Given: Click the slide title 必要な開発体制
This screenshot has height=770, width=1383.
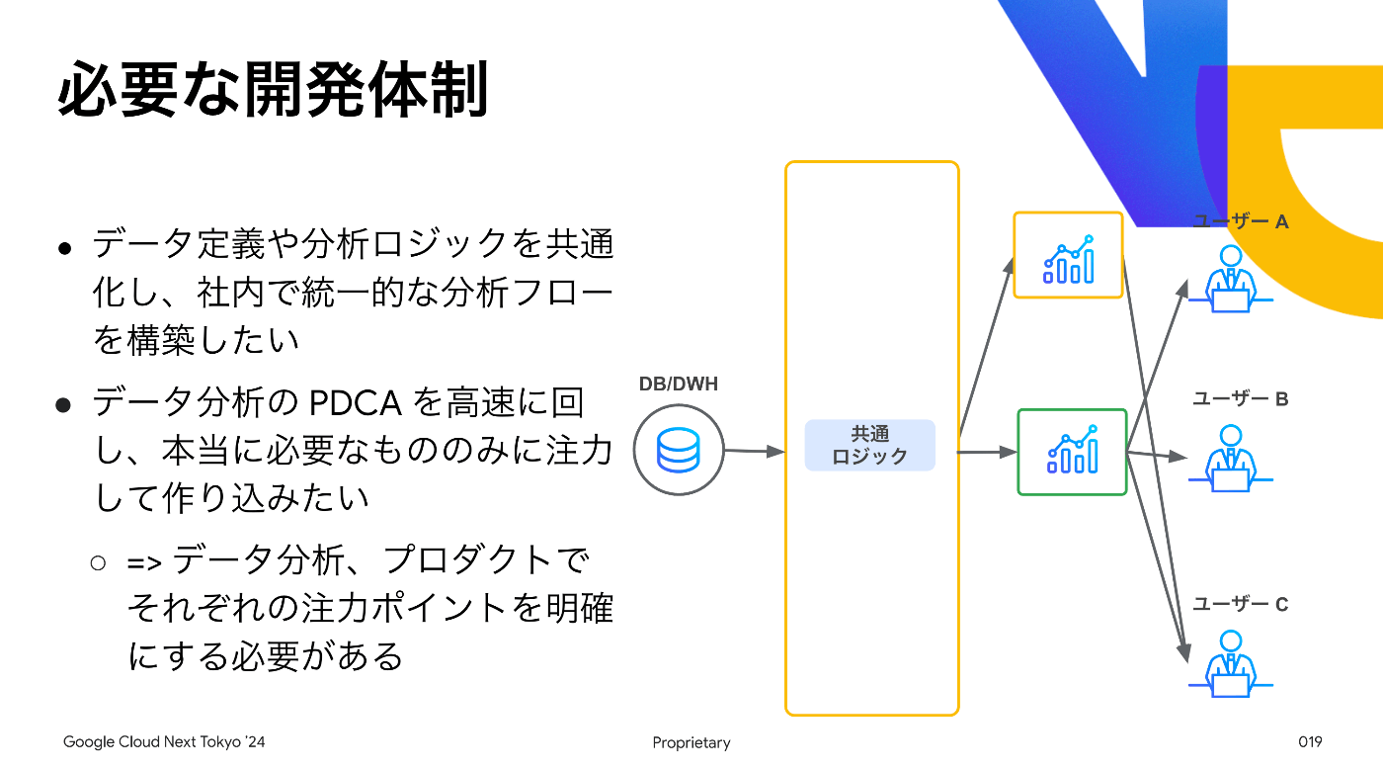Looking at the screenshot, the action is pyautogui.click(x=273, y=90).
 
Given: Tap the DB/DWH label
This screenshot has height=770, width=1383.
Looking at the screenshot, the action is pyautogui.click(x=678, y=384).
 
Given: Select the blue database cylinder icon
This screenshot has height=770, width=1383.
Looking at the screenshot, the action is pyautogui.click(x=678, y=450).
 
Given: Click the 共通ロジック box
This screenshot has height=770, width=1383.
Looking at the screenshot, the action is pyautogui.click(x=870, y=445).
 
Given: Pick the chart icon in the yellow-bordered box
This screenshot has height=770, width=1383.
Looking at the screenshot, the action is pyautogui.click(x=1068, y=259).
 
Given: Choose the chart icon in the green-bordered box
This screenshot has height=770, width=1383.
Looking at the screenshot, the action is pyautogui.click(x=1073, y=450).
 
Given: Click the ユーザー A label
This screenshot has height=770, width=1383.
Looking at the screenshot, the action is pyautogui.click(x=1240, y=221).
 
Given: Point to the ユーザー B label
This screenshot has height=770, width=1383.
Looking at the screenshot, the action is pyautogui.click(x=1240, y=398).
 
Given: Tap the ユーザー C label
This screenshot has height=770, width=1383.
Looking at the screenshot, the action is pyautogui.click(x=1240, y=604).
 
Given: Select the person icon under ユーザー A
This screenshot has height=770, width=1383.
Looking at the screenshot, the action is pyautogui.click(x=1231, y=279).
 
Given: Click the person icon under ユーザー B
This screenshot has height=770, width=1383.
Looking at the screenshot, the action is pyautogui.click(x=1231, y=459).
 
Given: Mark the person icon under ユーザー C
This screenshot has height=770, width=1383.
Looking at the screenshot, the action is pyautogui.click(x=1231, y=663).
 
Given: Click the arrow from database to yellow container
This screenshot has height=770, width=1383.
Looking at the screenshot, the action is pyautogui.click(x=754, y=451).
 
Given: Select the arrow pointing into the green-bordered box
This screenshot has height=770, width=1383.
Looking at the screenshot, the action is pyautogui.click(x=987, y=453).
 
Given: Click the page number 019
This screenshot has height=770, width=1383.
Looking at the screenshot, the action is pyautogui.click(x=1310, y=741).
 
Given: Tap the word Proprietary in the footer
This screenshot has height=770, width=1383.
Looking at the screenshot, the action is pyautogui.click(x=691, y=742).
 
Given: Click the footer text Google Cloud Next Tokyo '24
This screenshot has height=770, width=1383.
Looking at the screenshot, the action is pyautogui.click(x=164, y=742).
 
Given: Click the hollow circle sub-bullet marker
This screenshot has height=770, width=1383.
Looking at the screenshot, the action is pyautogui.click(x=98, y=562).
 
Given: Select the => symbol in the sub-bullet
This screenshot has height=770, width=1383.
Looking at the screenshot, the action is pyautogui.click(x=144, y=563).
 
